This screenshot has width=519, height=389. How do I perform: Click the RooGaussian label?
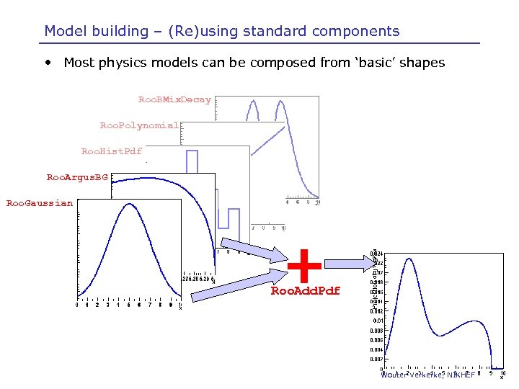[40, 203]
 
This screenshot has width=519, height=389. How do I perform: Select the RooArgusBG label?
[77, 177]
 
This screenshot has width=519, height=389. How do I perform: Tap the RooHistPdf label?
[111, 151]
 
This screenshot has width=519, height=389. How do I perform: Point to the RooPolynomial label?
[139, 125]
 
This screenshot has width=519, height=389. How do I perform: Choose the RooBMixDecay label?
[174, 99]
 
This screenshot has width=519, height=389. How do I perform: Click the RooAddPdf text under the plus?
[305, 291]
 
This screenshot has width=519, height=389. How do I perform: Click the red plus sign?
[305, 265]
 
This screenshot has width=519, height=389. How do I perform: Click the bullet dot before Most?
[47, 63]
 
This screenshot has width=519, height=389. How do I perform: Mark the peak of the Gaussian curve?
[130, 204]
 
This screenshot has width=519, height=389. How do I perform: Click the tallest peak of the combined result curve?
[409, 258]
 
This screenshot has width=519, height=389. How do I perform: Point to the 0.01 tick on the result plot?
[377, 321]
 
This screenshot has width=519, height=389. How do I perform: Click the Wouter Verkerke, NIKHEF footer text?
[425, 375]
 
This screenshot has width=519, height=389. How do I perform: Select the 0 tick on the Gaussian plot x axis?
[78, 305]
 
